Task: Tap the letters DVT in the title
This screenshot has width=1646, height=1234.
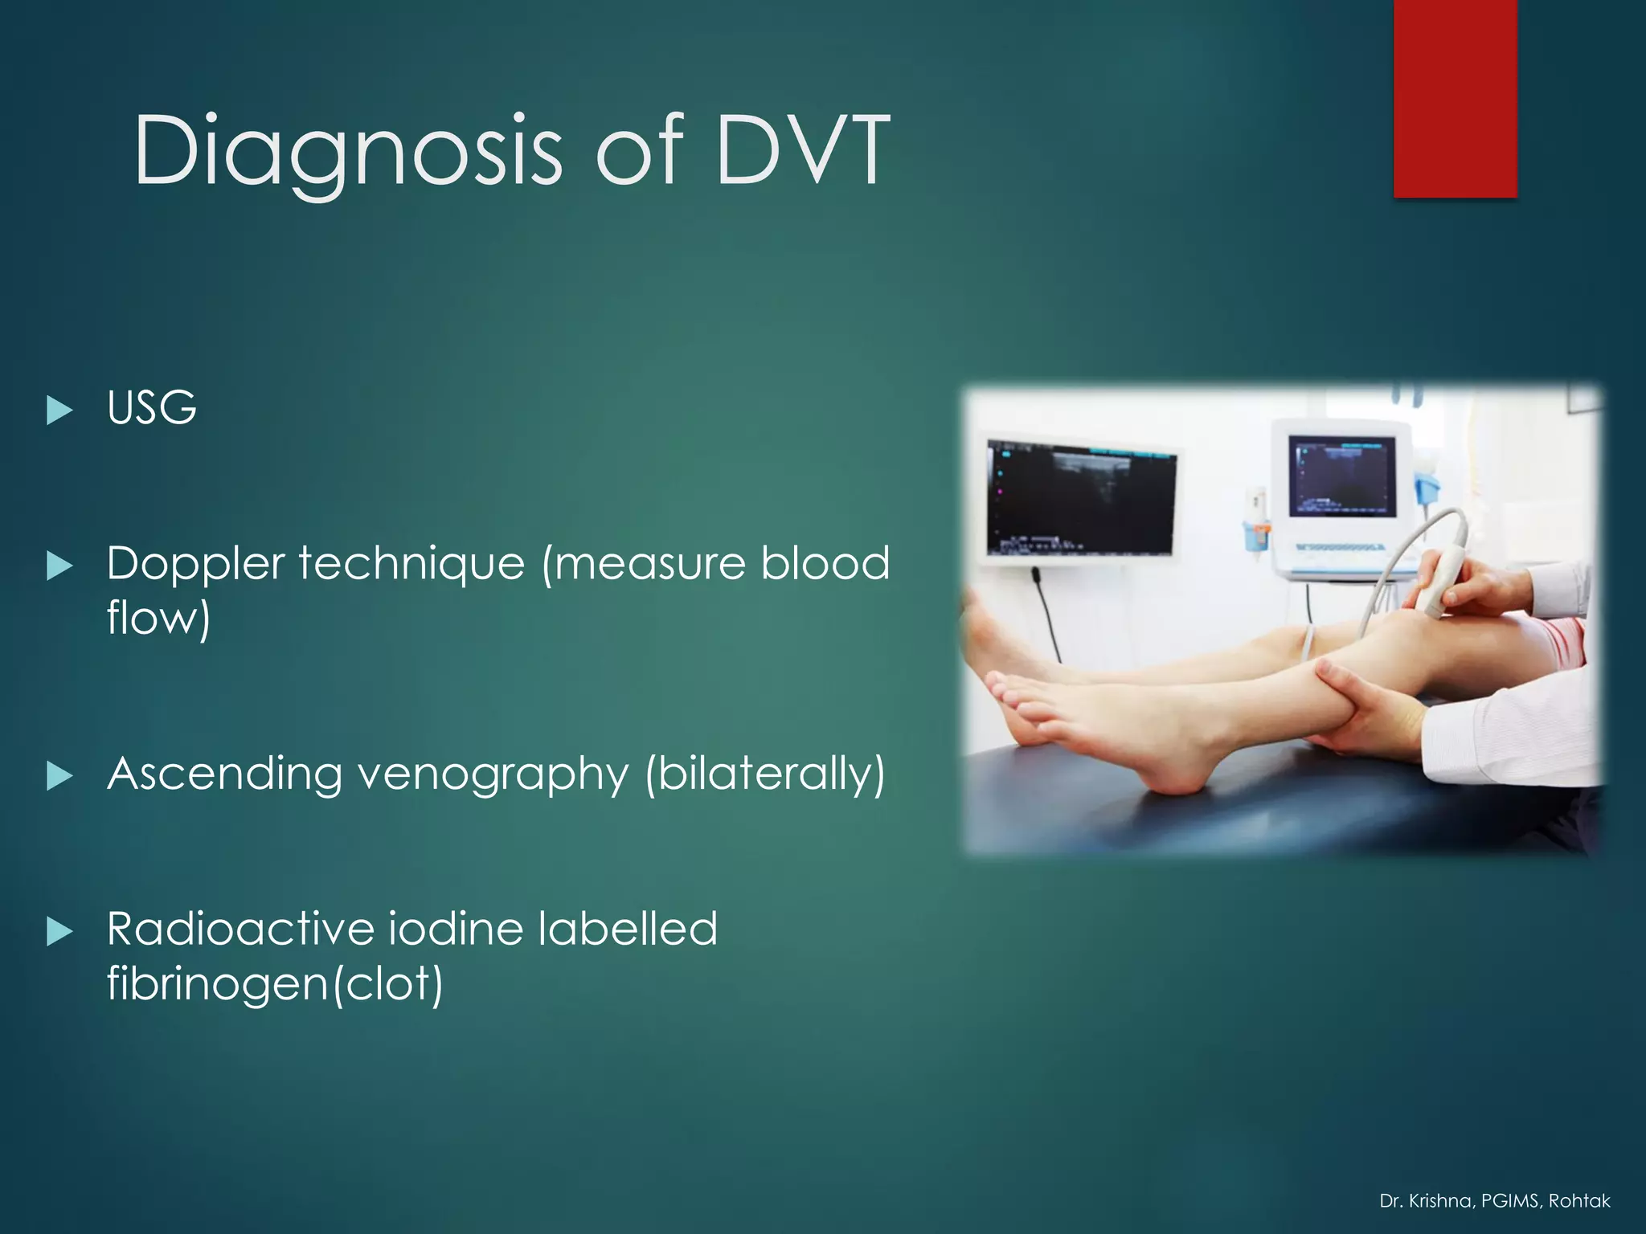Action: (x=802, y=151)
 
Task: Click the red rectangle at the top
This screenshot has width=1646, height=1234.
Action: (x=1455, y=98)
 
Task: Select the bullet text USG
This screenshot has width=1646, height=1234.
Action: (x=152, y=408)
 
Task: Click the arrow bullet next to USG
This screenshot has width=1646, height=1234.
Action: (x=59, y=411)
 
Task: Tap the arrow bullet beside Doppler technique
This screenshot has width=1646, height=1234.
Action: (x=59, y=566)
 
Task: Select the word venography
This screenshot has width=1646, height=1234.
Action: (x=493, y=776)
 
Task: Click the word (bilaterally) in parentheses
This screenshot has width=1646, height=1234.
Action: (x=764, y=774)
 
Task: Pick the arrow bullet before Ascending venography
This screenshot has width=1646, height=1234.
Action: (x=59, y=776)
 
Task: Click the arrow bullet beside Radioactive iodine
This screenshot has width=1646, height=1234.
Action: (x=59, y=932)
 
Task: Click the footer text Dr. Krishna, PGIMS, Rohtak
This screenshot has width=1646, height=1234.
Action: (x=1494, y=1201)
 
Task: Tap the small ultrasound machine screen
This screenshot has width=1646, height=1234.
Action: (x=1341, y=476)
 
